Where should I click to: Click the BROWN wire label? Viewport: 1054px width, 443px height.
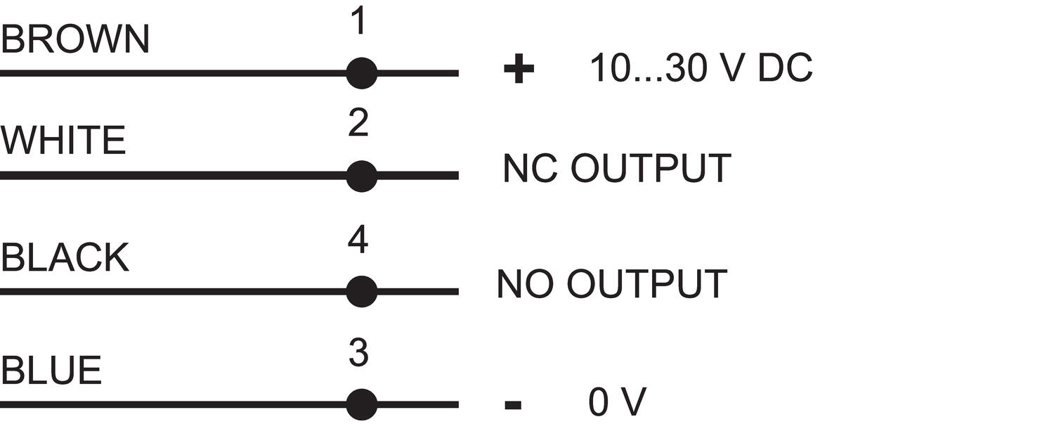point(75,39)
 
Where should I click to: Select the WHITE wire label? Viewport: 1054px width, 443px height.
point(63,141)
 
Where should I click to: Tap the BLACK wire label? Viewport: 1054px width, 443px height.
point(65,257)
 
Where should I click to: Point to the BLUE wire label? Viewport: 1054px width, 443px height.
point(51,370)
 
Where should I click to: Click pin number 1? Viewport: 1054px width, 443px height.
point(358,20)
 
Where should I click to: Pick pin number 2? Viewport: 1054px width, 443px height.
point(358,122)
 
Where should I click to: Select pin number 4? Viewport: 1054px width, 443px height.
point(358,240)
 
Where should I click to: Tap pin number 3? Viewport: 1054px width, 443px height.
point(358,352)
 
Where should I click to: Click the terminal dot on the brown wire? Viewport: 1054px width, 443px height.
point(362,73)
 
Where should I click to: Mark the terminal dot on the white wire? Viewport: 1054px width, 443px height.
point(362,176)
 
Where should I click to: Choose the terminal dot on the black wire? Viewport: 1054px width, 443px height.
point(362,292)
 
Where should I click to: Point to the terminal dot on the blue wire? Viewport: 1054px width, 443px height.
point(362,404)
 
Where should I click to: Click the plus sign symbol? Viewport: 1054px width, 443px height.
point(519,69)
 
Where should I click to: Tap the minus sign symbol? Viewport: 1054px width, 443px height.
point(513,404)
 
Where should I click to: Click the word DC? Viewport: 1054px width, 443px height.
point(785,68)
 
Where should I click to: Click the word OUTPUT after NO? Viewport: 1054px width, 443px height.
point(647,284)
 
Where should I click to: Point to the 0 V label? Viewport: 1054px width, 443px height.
point(618,402)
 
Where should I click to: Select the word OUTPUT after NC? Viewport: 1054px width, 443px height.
point(651,168)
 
